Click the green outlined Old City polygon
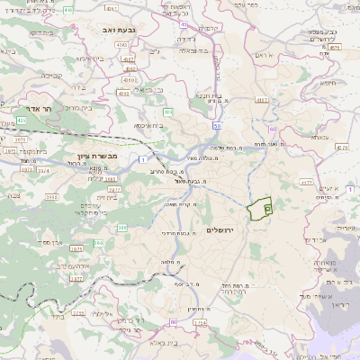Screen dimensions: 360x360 pyautogui.click(x=260, y=208)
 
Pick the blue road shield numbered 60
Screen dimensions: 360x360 pyautogui.click(x=172, y=321)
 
